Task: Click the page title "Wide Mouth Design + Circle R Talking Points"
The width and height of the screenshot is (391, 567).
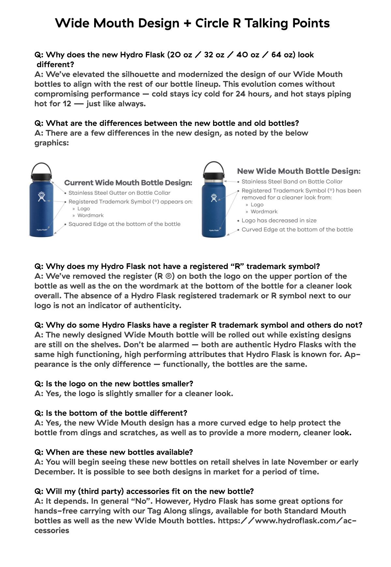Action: click(192, 23)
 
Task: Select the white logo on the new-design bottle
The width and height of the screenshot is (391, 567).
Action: click(214, 198)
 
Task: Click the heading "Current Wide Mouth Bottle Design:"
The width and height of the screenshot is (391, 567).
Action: click(128, 183)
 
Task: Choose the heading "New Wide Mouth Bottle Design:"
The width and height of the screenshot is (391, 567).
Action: click(299, 171)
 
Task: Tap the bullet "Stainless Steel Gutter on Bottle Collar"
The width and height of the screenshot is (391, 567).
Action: click(119, 193)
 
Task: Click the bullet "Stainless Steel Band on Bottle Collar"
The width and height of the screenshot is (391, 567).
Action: click(292, 182)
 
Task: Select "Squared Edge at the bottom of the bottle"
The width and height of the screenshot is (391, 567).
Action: click(124, 224)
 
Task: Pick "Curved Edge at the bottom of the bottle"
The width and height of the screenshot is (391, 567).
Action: click(297, 230)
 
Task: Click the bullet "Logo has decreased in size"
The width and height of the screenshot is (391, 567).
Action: click(279, 220)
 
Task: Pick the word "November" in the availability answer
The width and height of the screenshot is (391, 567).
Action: click(308, 462)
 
